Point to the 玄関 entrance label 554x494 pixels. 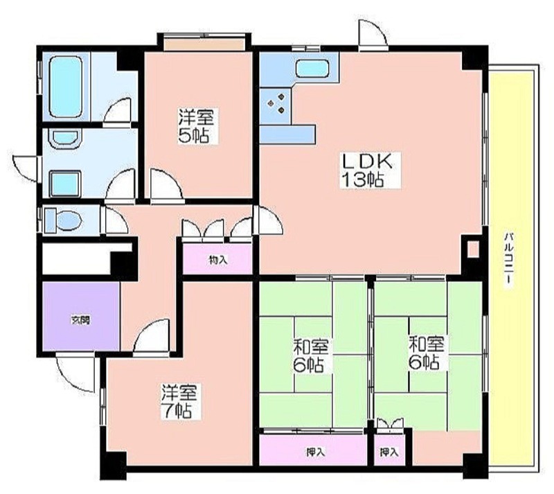pyautogui.click(x=80, y=320)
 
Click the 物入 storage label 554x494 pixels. pyautogui.click(x=217, y=260)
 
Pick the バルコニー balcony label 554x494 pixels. pyautogui.click(x=508, y=259)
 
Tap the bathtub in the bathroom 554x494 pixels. pyautogui.click(x=66, y=87)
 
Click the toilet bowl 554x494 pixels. pyautogui.click(x=64, y=220)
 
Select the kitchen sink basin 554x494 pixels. pyautogui.click(x=313, y=69)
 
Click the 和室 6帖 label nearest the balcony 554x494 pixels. pyautogui.click(x=426, y=353)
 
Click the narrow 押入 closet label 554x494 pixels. pyautogui.click(x=389, y=452)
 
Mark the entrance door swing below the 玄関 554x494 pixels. pyautogui.click(x=75, y=373)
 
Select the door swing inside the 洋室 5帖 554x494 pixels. pyautogui.click(x=166, y=184)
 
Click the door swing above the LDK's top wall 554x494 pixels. pyautogui.click(x=372, y=33)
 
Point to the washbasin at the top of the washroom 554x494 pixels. pyautogui.click(x=66, y=138)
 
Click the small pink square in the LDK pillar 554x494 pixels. pyautogui.click(x=473, y=249)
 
